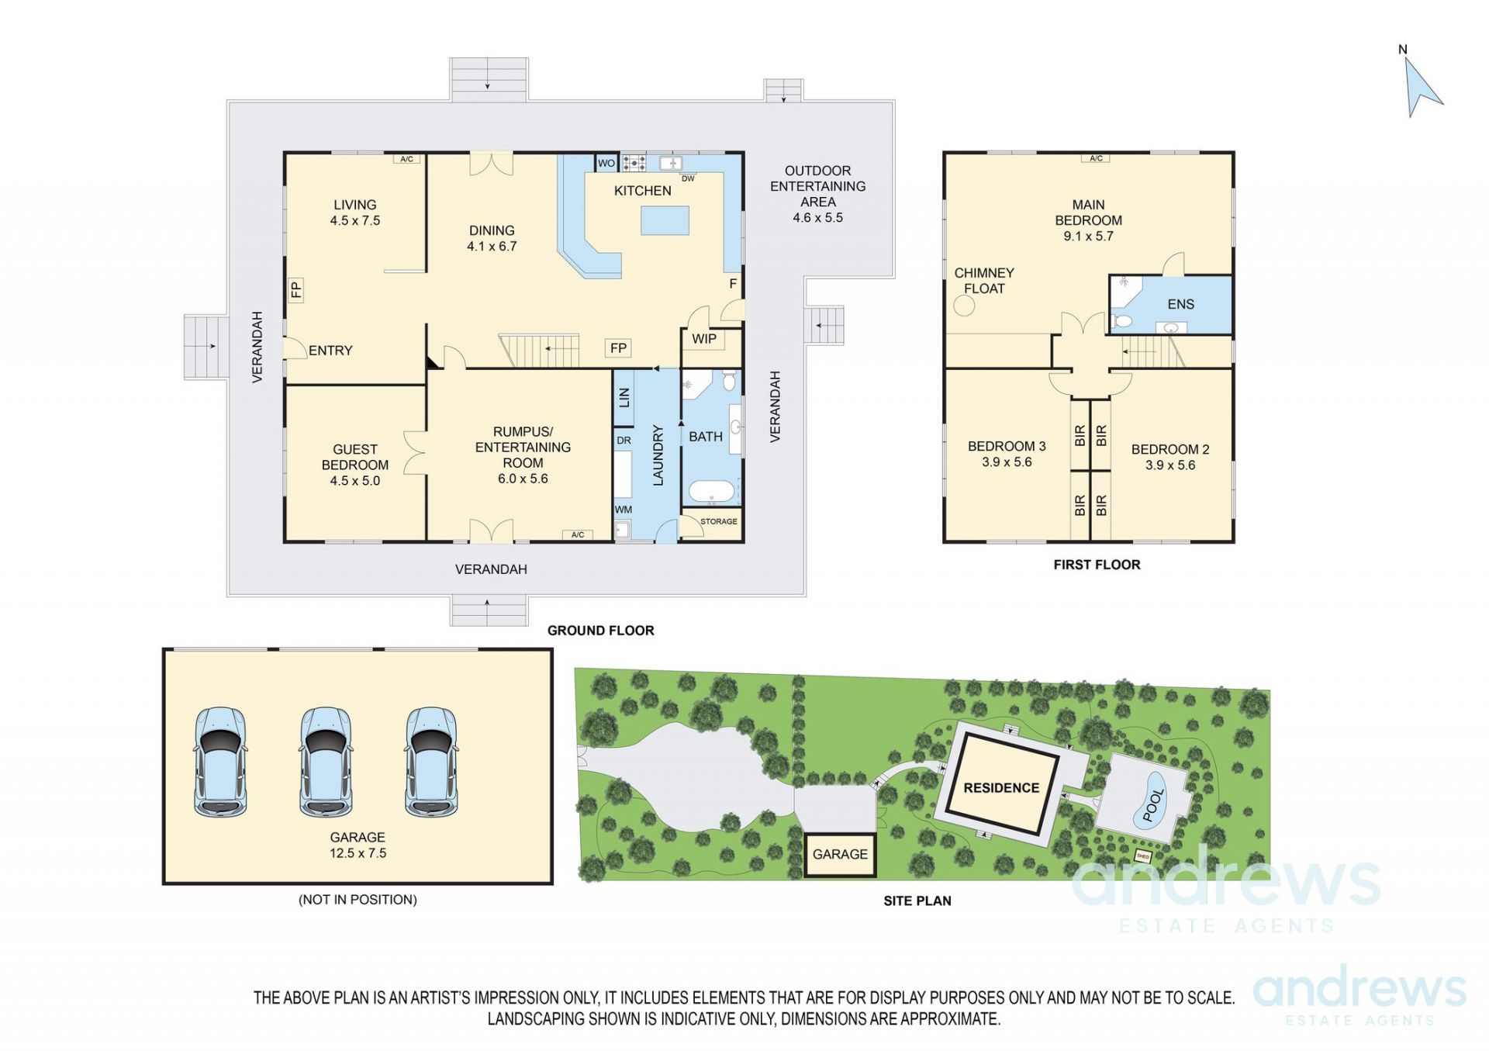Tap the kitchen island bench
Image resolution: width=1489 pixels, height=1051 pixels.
[x=665, y=220]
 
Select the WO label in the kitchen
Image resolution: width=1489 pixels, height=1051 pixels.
[x=606, y=164]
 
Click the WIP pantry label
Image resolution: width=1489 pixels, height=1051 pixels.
[x=704, y=339]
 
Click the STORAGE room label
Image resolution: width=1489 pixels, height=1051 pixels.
[x=719, y=521]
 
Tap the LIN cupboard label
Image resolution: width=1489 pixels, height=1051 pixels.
[x=624, y=397]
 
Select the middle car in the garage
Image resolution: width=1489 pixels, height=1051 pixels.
[x=326, y=761]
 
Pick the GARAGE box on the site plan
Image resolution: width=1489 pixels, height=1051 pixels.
[x=840, y=855]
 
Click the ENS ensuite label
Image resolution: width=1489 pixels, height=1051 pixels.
[x=1180, y=305]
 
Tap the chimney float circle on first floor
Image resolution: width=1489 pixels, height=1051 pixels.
[x=964, y=306]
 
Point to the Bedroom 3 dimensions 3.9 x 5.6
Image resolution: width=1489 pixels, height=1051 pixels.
[x=1007, y=462]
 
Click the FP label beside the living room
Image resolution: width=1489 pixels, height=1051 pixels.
[x=296, y=290]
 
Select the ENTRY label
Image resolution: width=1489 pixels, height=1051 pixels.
[x=330, y=351]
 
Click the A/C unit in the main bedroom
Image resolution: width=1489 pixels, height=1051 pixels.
[x=1096, y=158]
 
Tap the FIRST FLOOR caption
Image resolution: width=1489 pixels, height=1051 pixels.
[x=1097, y=565]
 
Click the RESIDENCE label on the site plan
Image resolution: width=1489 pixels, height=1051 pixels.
[x=1001, y=788]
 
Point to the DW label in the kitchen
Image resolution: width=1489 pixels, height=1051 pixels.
[x=688, y=178]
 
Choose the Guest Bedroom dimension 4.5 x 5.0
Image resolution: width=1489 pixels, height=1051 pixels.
[x=355, y=481]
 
